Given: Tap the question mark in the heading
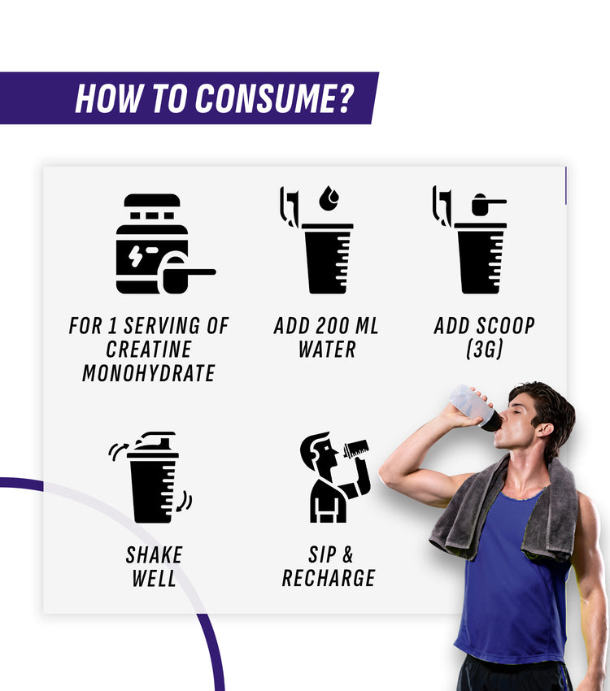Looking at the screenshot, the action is pos(344,98).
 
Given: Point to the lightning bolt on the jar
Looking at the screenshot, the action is pos(135,256).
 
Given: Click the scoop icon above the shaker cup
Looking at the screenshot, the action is pos(489,204).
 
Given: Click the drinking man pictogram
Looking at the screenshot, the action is pos(335,477).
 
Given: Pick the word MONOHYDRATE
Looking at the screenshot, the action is pos(149,373).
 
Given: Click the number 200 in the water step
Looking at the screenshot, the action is pos(333,326).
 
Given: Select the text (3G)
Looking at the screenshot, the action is pos(485,349).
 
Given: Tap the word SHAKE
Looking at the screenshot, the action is pos(154,554).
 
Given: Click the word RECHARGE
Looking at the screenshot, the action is pos(329,578).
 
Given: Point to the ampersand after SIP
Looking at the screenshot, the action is pos(348,554).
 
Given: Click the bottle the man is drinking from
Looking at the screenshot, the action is pos(475,406).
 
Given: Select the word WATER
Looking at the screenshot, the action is pos(327,350).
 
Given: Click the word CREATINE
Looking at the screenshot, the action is pos(149,349).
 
